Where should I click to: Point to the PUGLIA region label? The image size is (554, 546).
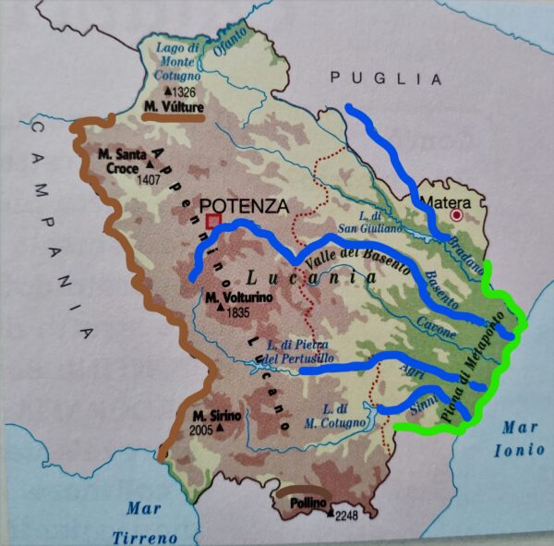point(387,78)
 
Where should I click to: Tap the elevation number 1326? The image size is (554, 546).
point(183,92)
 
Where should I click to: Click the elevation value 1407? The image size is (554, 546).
point(148,180)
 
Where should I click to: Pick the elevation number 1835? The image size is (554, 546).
point(238,312)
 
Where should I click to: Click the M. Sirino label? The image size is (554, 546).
point(217,416)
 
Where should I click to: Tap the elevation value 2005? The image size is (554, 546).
point(199,430)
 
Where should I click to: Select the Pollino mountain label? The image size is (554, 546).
point(303,500)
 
